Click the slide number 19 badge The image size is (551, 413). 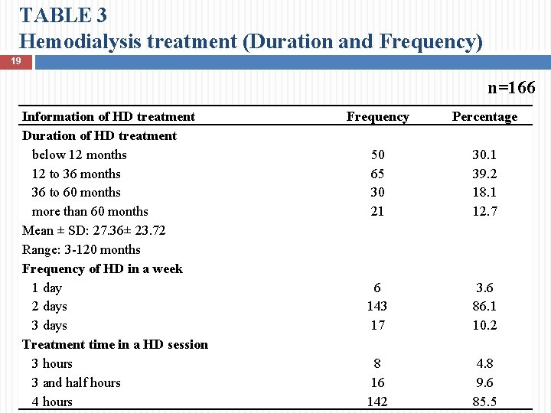coord(15,60)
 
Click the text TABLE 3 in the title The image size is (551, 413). coord(64,15)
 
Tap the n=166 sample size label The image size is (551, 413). coord(511,88)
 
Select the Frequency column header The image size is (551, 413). coord(377,116)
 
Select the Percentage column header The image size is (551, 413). coord(484,116)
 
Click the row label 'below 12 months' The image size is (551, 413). coord(80,154)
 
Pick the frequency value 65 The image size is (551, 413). coord(377,174)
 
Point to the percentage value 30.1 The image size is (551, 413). coord(484,154)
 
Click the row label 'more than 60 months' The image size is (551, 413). coord(90,211)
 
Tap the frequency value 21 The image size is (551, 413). coord(377,211)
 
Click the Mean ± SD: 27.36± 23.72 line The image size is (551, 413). coord(94,230)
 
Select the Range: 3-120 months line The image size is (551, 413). coord(82,249)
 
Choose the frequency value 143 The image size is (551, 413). coord(377,306)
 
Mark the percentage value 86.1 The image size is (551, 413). coord(484,306)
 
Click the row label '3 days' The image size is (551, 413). coord(50,325)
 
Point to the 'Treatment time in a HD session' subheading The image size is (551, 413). coord(116,344)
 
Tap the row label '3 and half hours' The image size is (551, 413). coord(77,382)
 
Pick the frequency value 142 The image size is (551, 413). coord(377,402)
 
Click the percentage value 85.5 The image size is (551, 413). coord(484,402)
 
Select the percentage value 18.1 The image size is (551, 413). coord(484,192)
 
